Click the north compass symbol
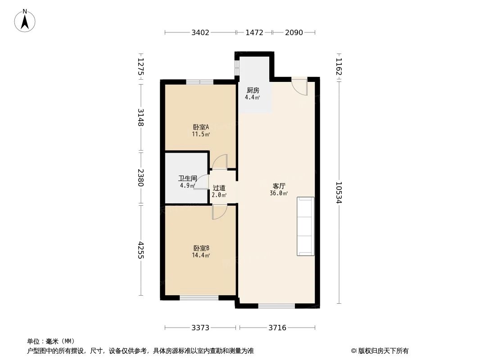(x=25, y=20)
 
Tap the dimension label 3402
(x=200, y=32)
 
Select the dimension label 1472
(x=254, y=32)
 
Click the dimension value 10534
(x=339, y=193)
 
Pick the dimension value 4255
(x=141, y=251)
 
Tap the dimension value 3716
(x=277, y=328)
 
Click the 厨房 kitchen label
(x=253, y=90)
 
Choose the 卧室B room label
(x=201, y=248)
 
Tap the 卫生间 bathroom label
(x=187, y=178)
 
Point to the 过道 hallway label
(x=219, y=188)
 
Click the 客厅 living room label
(x=279, y=186)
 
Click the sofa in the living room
(x=305, y=226)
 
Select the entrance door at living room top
(x=300, y=86)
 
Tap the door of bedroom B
(x=219, y=212)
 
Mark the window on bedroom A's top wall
(x=199, y=82)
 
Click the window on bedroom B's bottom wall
(x=199, y=297)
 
